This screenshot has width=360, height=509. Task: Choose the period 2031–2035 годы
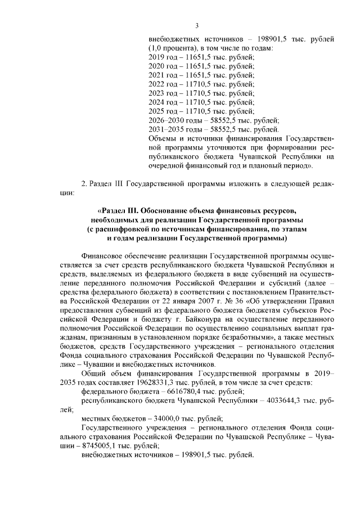click(x=170, y=129)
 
